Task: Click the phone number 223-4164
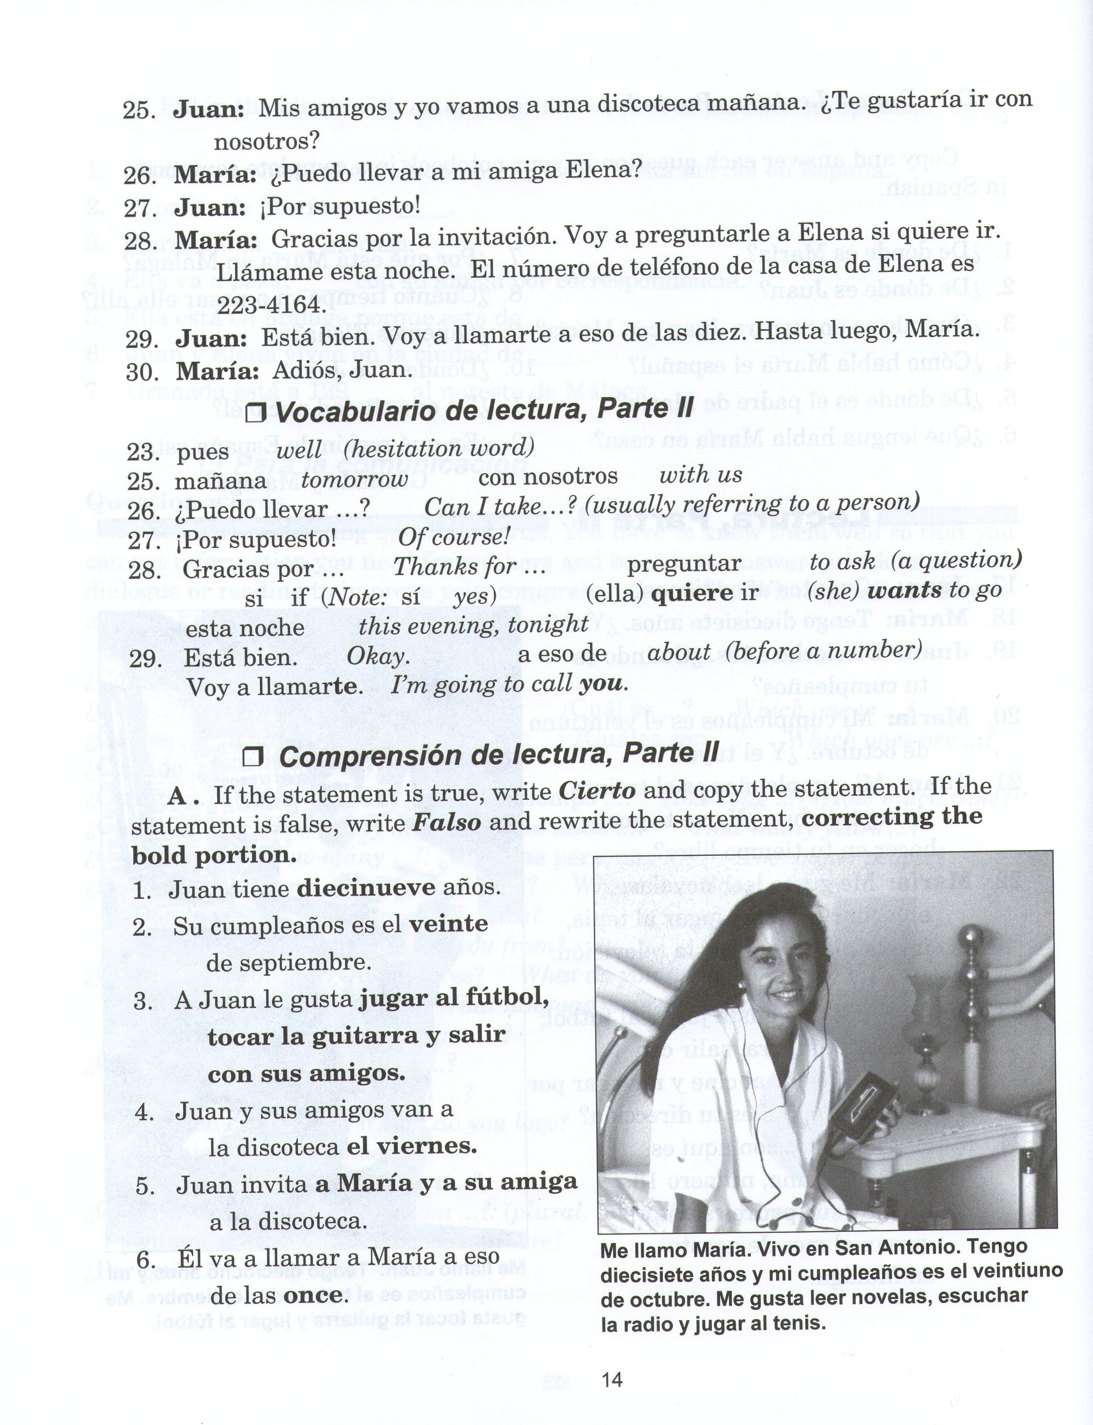(269, 305)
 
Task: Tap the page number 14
(612, 1379)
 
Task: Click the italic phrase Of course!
(453, 537)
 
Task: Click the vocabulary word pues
(202, 452)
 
